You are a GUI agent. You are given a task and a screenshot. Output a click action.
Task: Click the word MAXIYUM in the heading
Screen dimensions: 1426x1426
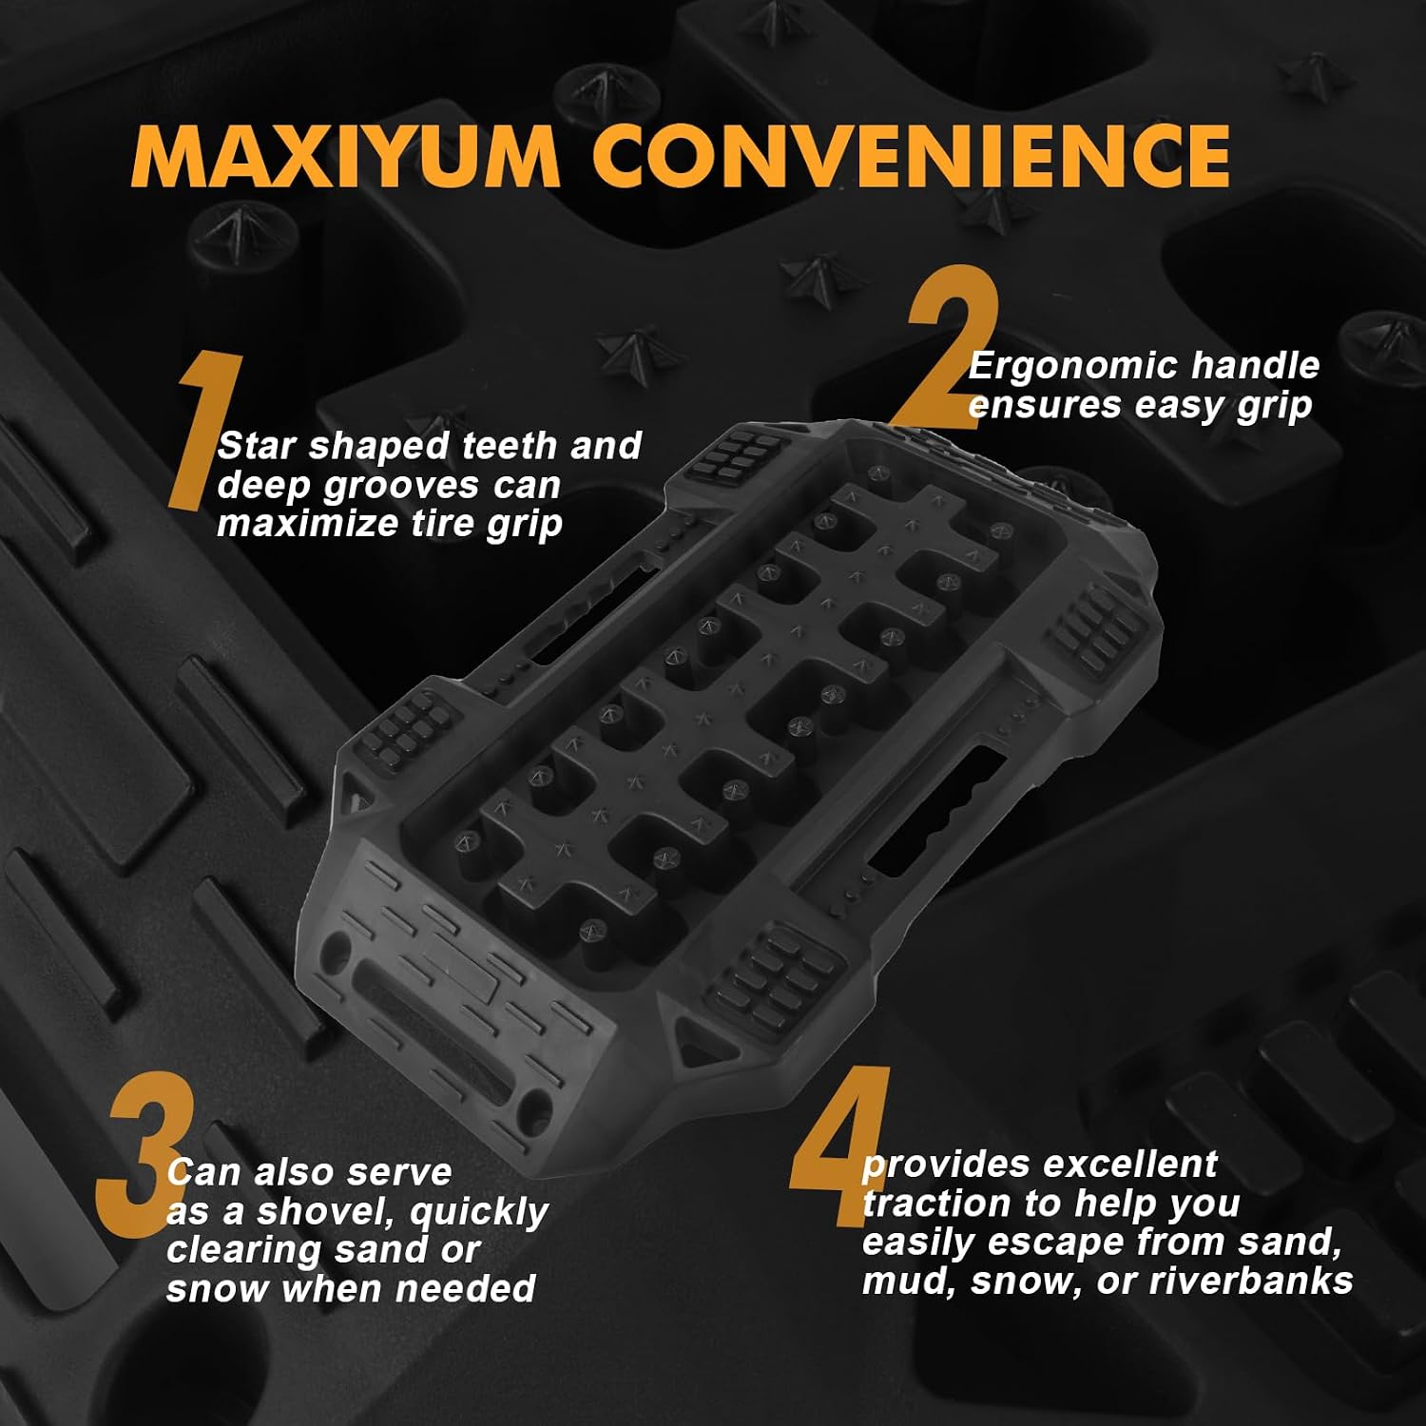346,154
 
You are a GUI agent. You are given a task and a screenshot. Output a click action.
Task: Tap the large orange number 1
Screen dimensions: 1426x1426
204,430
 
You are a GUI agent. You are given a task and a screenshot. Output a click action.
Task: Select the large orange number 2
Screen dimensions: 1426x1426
951,346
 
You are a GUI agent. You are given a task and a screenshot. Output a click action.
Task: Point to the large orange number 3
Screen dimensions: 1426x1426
145,1153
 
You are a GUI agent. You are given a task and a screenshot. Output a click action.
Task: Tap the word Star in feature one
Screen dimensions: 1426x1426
257,446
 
